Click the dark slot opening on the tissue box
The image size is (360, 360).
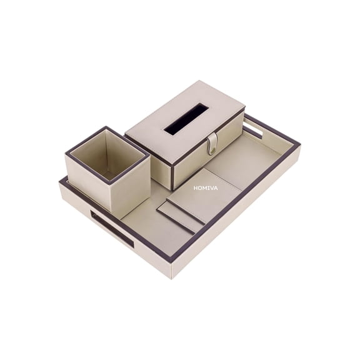coord(186,119)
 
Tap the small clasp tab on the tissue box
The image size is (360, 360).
coord(212,143)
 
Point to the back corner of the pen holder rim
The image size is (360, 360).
coord(106,128)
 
